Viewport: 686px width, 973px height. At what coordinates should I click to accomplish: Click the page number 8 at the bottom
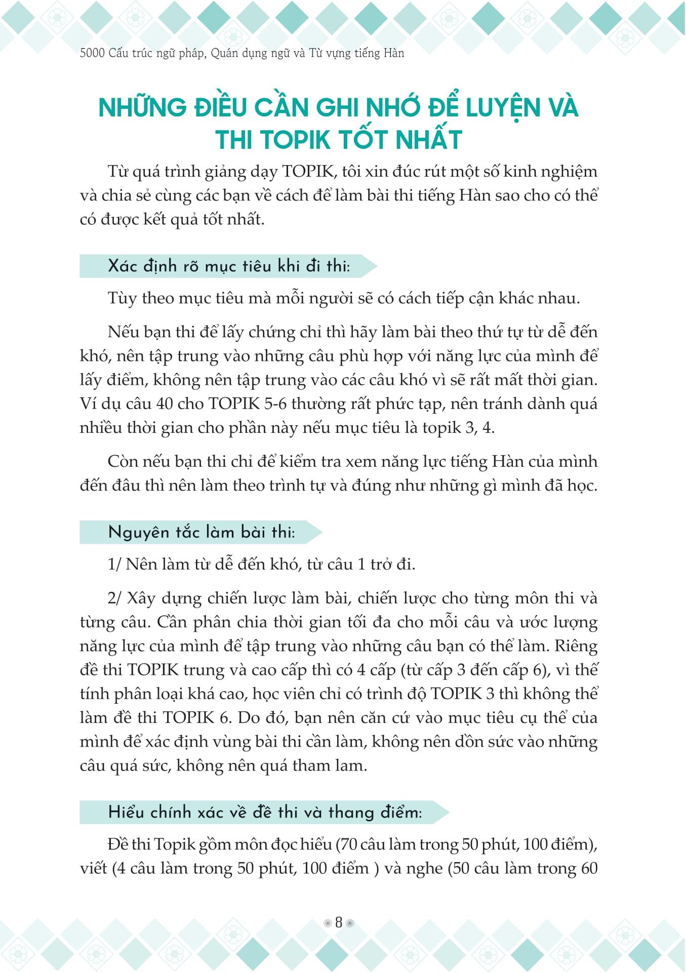click(x=339, y=922)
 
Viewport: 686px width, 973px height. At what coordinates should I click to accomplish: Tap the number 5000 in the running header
click(x=92, y=53)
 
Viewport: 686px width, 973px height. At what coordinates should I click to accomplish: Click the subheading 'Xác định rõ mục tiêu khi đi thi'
click(x=228, y=266)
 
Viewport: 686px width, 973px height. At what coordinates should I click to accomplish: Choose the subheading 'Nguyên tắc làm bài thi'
click(x=201, y=532)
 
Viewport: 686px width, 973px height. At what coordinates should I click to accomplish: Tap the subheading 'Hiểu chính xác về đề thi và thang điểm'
click(x=264, y=813)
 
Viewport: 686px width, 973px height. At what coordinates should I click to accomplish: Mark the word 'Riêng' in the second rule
click(x=576, y=646)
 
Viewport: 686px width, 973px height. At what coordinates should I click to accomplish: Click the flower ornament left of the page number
click(x=327, y=923)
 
